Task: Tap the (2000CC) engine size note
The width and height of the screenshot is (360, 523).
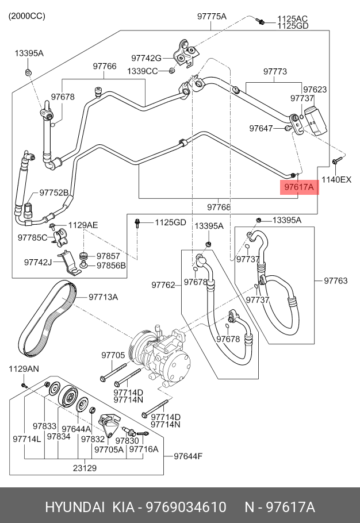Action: (26, 16)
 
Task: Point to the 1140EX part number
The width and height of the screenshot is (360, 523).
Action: (336, 180)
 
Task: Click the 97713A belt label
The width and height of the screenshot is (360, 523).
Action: (103, 297)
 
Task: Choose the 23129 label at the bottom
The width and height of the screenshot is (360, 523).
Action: (85, 468)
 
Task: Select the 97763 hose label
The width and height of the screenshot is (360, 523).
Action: (335, 281)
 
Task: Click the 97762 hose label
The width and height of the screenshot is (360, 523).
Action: (163, 284)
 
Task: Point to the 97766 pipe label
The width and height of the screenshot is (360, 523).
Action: (105, 67)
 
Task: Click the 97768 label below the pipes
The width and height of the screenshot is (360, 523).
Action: (219, 207)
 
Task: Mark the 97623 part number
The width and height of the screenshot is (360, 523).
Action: (315, 90)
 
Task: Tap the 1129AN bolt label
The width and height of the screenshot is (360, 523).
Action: (23, 368)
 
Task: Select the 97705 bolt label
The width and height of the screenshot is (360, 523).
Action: (113, 355)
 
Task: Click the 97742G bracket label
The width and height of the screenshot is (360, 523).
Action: (146, 58)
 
